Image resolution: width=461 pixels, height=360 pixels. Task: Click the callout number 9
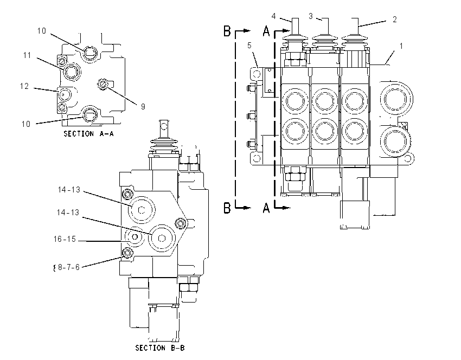143,106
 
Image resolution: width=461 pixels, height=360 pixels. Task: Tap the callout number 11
27,55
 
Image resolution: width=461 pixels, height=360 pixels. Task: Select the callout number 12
24,86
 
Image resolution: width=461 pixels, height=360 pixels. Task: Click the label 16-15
65,239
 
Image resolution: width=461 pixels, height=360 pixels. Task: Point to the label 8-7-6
69,267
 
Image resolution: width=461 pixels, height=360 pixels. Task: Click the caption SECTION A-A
88,134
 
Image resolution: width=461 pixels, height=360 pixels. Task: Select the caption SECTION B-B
160,348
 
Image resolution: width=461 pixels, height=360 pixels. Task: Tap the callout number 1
401,46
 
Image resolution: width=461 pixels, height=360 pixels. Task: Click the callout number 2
394,20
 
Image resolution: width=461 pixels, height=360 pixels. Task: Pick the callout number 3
310,16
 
